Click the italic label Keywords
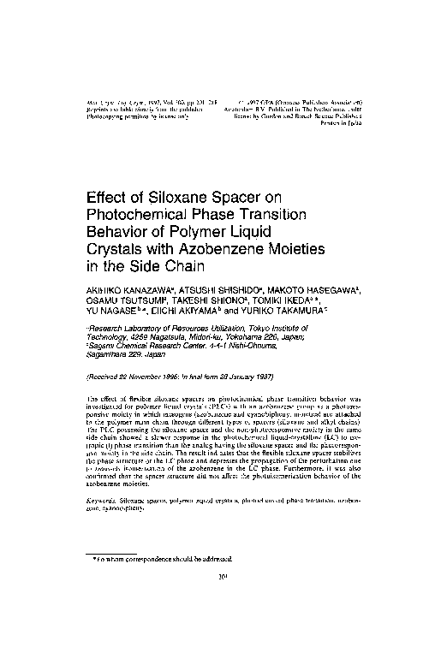pyautogui.click(x=107, y=496)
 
